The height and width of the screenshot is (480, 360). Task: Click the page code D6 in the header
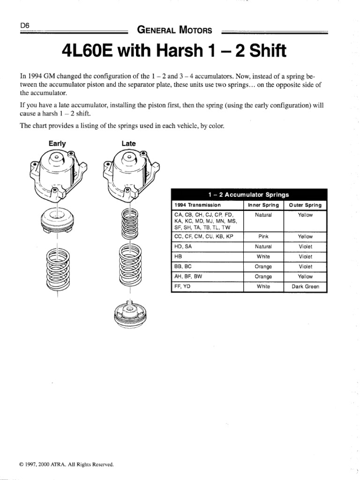click(25, 26)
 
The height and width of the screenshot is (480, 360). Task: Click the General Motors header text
click(174, 31)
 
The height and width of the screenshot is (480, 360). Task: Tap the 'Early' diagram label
click(57, 143)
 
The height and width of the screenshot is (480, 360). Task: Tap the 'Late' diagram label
click(128, 143)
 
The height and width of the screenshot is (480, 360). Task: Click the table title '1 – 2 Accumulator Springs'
click(248, 195)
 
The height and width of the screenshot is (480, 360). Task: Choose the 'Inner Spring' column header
click(263, 205)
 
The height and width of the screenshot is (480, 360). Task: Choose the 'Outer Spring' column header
click(305, 205)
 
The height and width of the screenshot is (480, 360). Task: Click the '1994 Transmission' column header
click(197, 205)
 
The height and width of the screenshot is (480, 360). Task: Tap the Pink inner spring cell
click(263, 237)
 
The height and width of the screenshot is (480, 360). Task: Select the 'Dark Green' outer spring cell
click(305, 286)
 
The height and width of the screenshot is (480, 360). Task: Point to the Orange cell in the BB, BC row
click(263, 267)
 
